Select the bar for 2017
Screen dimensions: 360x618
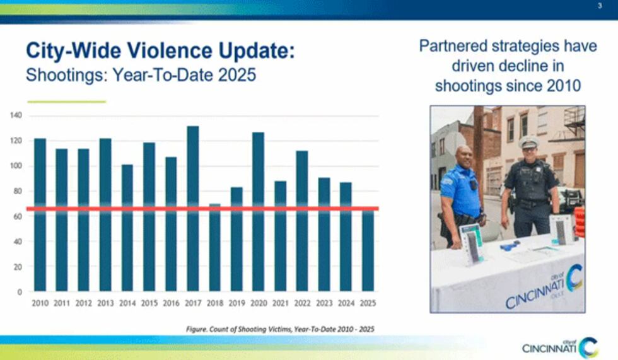pyautogui.click(x=193, y=208)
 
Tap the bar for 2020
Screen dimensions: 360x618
pyautogui.click(x=259, y=211)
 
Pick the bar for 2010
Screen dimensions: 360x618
pyautogui.click(x=40, y=214)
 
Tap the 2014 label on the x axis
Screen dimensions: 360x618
pyautogui.click(x=127, y=303)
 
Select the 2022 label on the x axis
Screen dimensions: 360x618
pyautogui.click(x=302, y=303)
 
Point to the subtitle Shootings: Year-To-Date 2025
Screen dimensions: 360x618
pyautogui.click(x=140, y=75)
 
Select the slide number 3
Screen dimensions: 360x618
pyautogui.click(x=599, y=6)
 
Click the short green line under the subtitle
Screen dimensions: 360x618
pyautogui.click(x=66, y=102)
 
